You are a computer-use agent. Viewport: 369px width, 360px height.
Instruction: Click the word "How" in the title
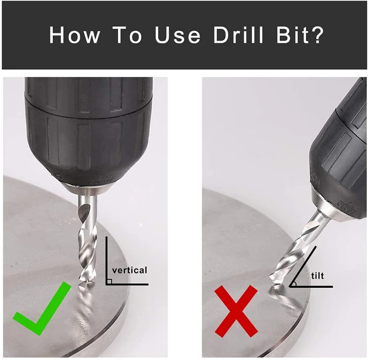click(74, 35)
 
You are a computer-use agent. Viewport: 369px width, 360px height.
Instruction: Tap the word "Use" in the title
click(178, 35)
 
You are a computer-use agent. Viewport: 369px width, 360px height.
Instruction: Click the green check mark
click(42, 309)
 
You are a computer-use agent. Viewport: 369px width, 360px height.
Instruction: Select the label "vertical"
click(130, 270)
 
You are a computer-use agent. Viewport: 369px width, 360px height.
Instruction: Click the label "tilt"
click(317, 275)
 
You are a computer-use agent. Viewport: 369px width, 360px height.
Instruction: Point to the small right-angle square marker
click(109, 281)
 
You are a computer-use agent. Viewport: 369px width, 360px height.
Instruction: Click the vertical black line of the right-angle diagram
click(106, 261)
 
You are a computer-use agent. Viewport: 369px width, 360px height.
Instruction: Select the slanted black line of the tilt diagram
click(303, 267)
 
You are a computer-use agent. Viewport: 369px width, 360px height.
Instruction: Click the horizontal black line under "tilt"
click(311, 287)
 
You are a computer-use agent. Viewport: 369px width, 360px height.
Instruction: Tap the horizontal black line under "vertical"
click(127, 284)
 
